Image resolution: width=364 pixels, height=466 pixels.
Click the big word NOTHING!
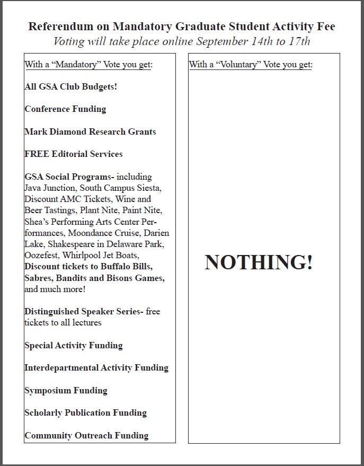pos(259,262)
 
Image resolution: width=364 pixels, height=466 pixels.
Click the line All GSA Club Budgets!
pos(71,86)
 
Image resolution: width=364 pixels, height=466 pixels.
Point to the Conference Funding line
pos(65,109)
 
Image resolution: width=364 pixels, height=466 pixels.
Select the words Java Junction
pos(50,188)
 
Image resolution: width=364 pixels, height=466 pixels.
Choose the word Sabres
pos(38,278)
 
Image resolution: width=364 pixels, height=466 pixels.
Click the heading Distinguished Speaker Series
pos(82,312)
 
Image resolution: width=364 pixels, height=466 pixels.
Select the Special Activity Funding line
pos(74,346)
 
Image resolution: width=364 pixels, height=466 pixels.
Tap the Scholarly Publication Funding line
pos(85,413)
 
